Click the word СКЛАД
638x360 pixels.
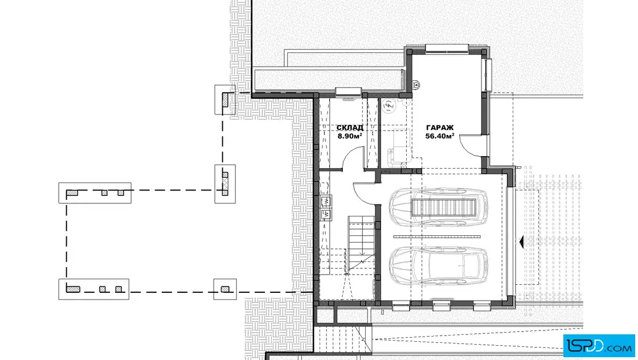350,128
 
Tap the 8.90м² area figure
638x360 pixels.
350,136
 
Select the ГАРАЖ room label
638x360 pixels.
439,128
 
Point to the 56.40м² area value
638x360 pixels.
439,136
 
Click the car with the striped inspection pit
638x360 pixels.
438,207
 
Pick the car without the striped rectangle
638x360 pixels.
438,265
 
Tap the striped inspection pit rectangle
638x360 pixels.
444,207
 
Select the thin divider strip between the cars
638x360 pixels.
436,236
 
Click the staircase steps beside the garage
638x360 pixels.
361,244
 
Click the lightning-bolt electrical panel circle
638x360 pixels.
390,106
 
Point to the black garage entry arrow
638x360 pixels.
521,242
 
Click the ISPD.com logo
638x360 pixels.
599,346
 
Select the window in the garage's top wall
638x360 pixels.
447,48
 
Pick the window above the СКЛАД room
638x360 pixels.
348,92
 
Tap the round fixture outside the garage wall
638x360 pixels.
415,85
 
